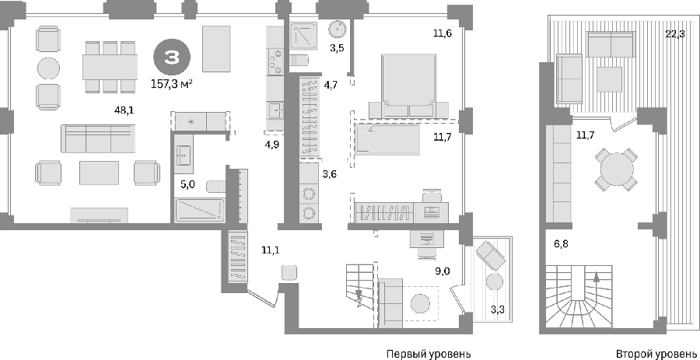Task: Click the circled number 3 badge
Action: pos(173,58)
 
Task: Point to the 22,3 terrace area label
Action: pos(675,35)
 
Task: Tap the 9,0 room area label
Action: pos(443,271)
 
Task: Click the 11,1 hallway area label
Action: pos(271,251)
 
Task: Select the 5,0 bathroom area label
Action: pos(187,184)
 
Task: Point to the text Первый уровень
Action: pos(428,354)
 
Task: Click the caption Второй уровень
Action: pos(657,354)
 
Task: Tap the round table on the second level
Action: pos(617,170)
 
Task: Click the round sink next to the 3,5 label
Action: pos(337,29)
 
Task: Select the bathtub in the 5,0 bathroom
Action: pos(200,210)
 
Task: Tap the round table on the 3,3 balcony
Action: pos(494,282)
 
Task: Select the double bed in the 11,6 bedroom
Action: pos(408,86)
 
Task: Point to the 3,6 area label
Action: pos(330,174)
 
